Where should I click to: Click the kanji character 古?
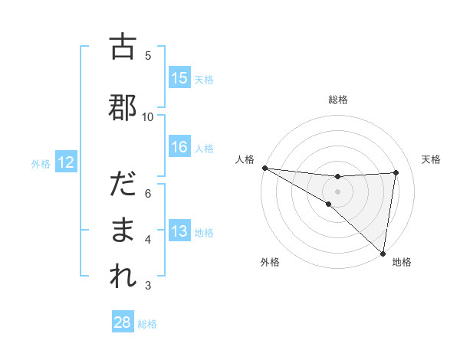pyautogui.click(x=122, y=47)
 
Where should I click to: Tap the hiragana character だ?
pyautogui.click(x=122, y=185)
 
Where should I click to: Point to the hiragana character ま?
pyautogui.click(x=122, y=230)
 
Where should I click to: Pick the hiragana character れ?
pyautogui.click(x=122, y=276)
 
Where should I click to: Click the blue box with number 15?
pyautogui.click(x=179, y=78)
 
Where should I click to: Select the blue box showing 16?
pyautogui.click(x=179, y=147)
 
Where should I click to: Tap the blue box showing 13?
pyautogui.click(x=179, y=232)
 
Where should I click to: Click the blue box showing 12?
pyautogui.click(x=65, y=162)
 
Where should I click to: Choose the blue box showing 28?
pyautogui.click(x=122, y=322)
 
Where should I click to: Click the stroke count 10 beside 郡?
pyautogui.click(x=148, y=116)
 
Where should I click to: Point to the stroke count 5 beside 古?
pyautogui.click(x=148, y=55)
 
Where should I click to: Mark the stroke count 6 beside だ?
pyautogui.click(x=148, y=193)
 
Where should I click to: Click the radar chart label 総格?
pyautogui.click(x=338, y=100)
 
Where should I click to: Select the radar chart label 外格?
pyautogui.click(x=269, y=262)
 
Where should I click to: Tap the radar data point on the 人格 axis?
pyautogui.click(x=264, y=168)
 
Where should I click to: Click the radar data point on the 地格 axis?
pyautogui.click(x=383, y=253)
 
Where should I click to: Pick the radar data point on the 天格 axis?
pyautogui.click(x=396, y=172)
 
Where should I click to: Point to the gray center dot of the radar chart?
pyautogui.click(x=337, y=191)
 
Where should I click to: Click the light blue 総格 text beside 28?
pyautogui.click(x=147, y=324)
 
